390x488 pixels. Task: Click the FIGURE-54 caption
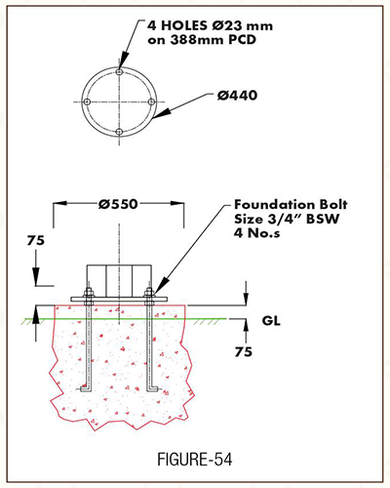coord(195,460)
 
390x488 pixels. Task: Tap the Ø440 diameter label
coord(237,96)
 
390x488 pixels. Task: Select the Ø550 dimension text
coord(118,204)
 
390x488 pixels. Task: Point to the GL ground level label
coord(271,321)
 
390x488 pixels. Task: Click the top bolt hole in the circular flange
coord(120,71)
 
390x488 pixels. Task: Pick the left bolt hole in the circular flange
coord(87,102)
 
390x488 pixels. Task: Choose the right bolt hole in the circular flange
coord(151,102)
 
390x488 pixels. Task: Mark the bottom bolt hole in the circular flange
coord(119,132)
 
